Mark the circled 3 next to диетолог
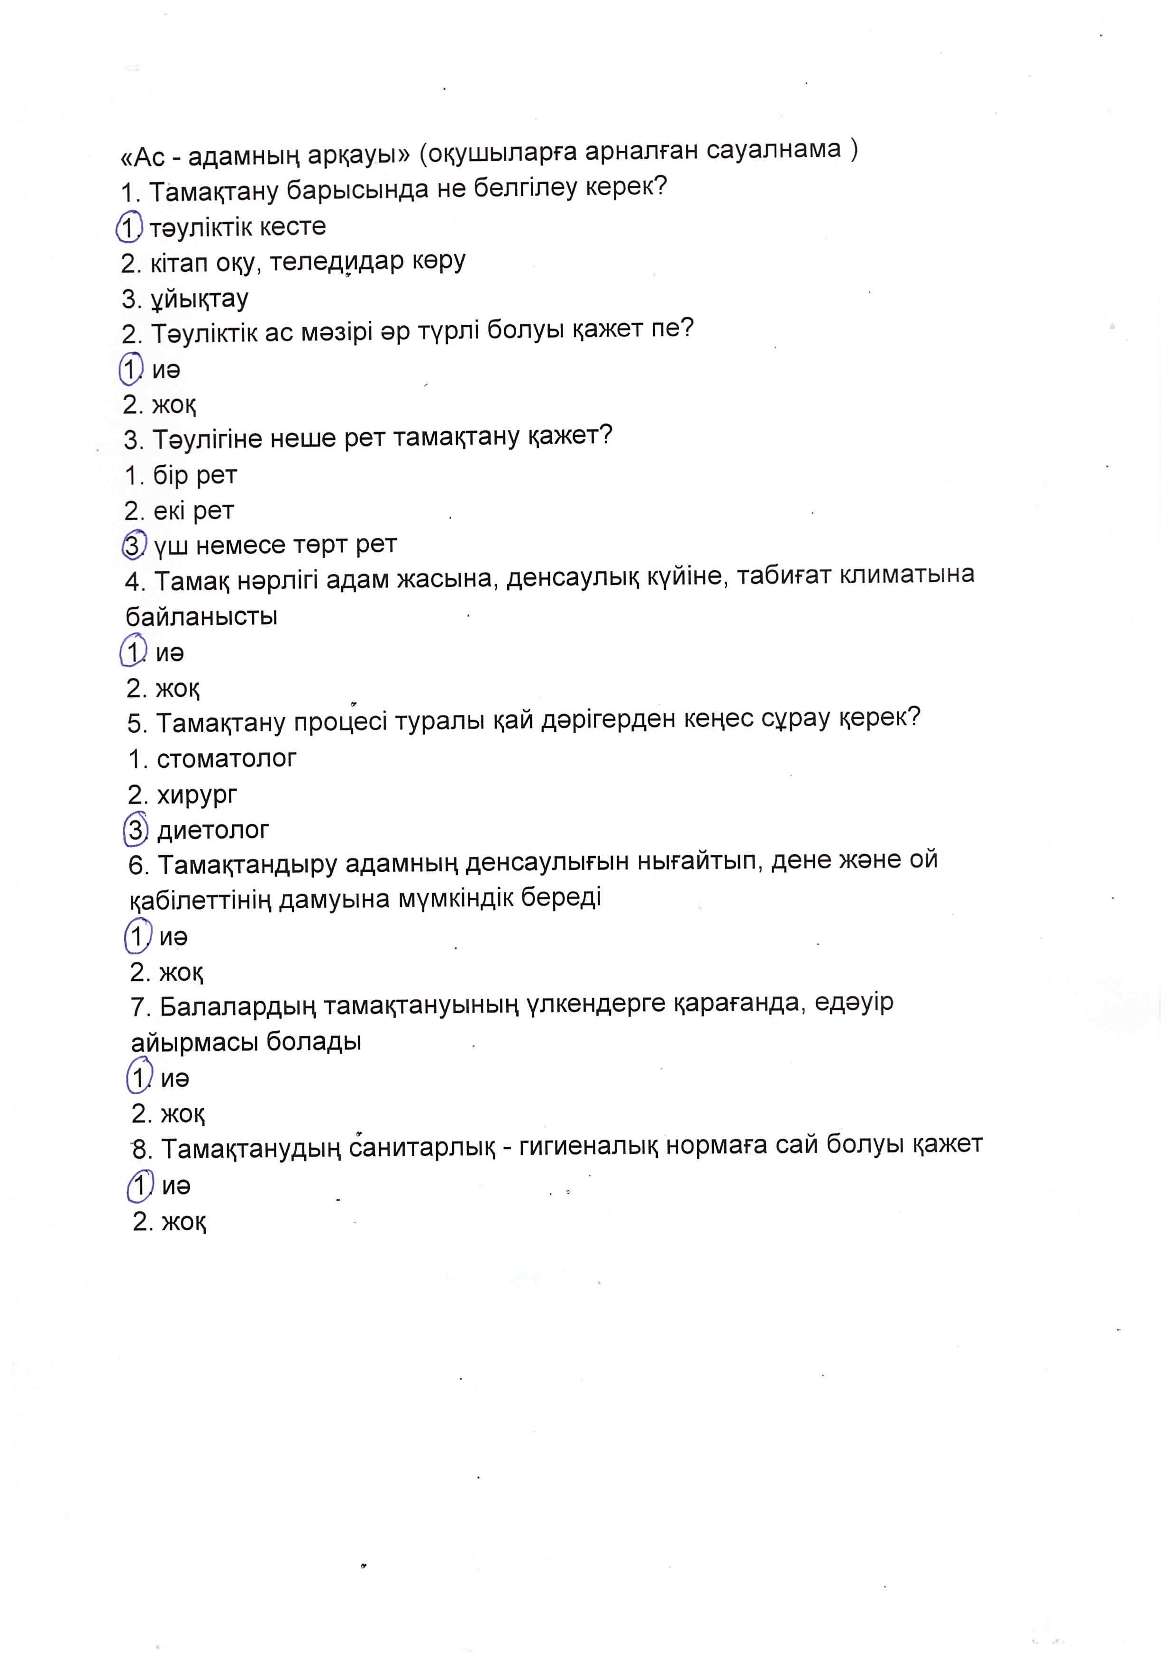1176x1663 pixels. pos(136,830)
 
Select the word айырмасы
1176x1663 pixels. pos(195,1042)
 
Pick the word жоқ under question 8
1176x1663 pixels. pos(184,1223)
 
